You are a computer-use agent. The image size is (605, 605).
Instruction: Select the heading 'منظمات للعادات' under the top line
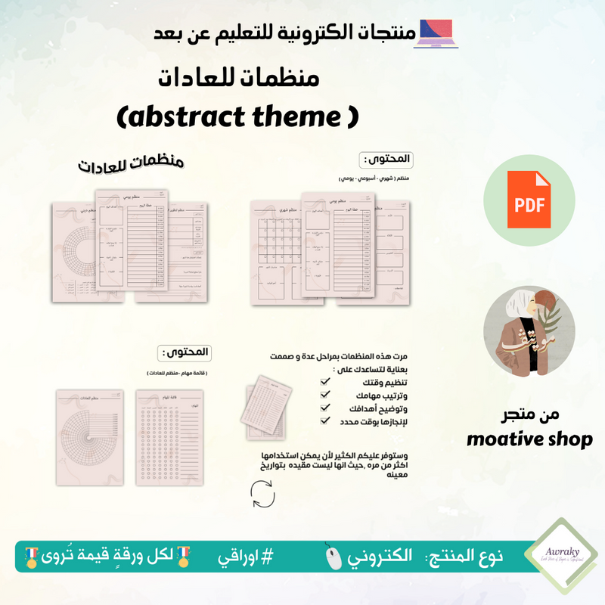[x=240, y=78]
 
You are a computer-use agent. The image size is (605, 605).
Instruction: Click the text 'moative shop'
[x=529, y=439]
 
